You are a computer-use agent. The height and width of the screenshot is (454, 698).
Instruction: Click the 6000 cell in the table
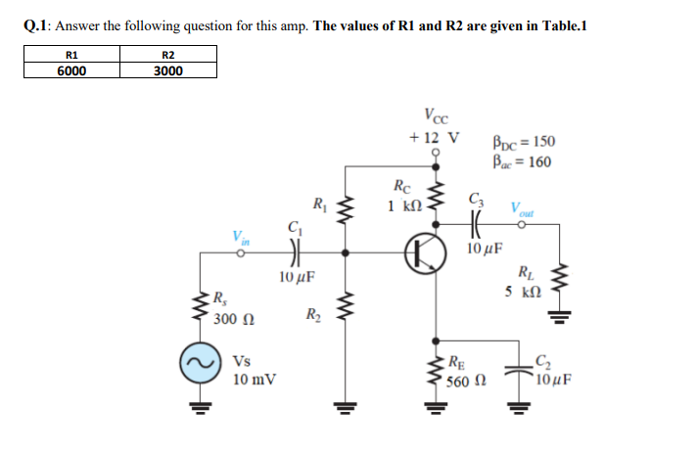tap(70, 70)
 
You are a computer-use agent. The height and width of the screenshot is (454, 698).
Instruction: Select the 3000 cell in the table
tap(167, 70)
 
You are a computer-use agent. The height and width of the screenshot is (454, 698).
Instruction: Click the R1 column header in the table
tap(70, 56)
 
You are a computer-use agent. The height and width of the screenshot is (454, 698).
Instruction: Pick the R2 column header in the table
tap(167, 56)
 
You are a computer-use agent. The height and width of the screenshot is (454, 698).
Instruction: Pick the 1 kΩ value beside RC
tap(403, 205)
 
